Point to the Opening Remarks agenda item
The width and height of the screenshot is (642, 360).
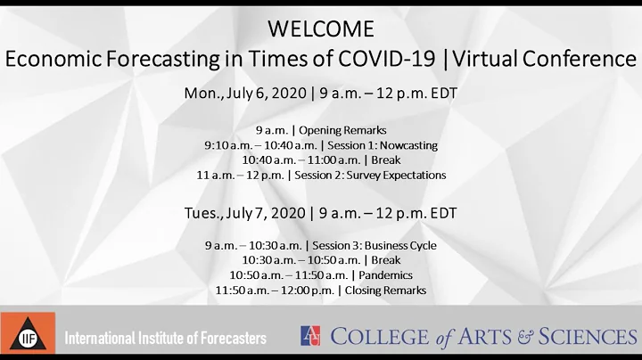click(349, 130)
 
